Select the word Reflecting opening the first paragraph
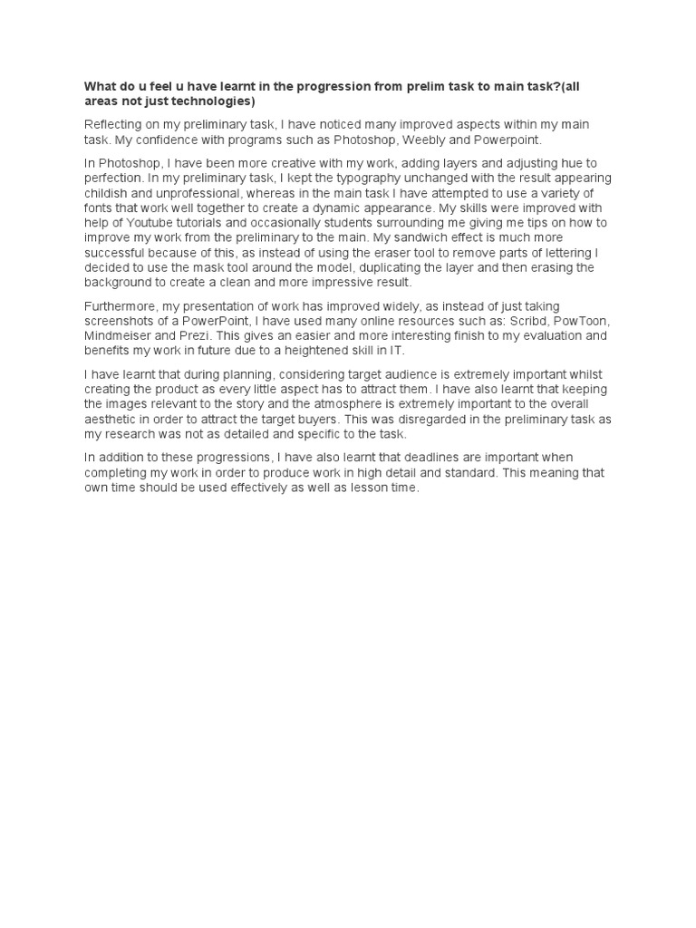coord(114,124)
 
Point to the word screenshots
coord(121,322)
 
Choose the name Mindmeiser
coord(118,337)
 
